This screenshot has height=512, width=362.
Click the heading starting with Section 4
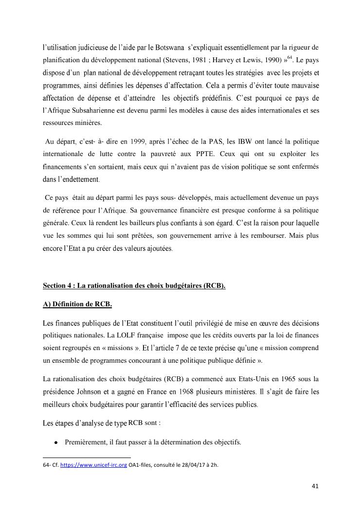(134, 285)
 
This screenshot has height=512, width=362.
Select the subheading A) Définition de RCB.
(77, 304)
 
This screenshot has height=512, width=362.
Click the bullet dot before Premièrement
(56, 443)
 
